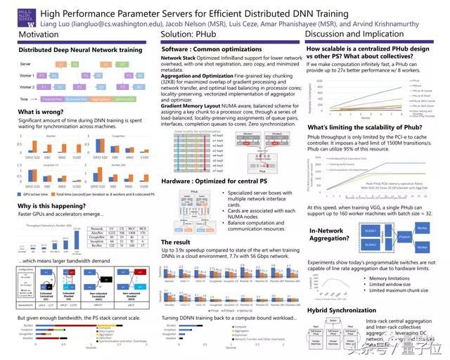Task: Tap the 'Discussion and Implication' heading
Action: tap(355, 34)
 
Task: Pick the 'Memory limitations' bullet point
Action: tap(368, 278)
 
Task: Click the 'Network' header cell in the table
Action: tap(96, 229)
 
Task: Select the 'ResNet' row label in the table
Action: tap(96, 245)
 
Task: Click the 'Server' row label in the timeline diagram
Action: tap(24, 63)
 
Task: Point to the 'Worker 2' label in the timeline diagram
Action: tap(26, 86)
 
